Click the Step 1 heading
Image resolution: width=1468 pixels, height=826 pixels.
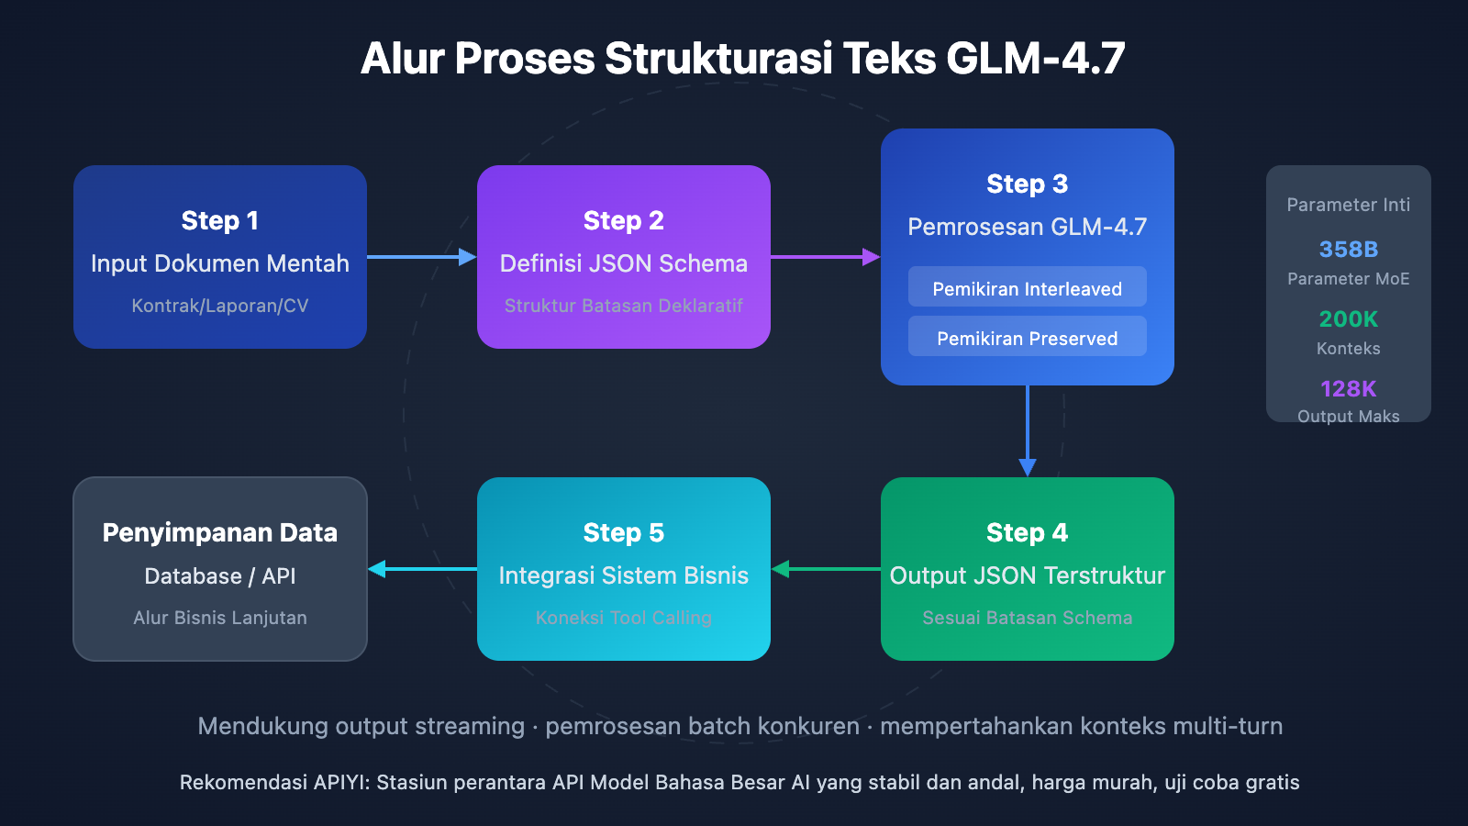[x=220, y=220]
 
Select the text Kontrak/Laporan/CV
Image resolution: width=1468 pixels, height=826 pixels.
[x=220, y=306]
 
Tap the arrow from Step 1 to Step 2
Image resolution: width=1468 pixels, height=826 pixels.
[x=421, y=257]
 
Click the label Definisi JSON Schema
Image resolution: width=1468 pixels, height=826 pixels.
[x=624, y=263]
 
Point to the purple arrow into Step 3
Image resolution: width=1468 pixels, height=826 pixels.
[x=825, y=257]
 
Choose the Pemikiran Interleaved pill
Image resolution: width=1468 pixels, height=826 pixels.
[x=1028, y=288]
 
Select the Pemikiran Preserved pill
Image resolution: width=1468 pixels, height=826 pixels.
[x=1028, y=338]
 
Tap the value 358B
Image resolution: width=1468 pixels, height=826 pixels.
[x=1349, y=249]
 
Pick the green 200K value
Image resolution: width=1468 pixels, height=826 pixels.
[x=1349, y=318]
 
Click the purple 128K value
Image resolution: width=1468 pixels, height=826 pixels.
[x=1349, y=388]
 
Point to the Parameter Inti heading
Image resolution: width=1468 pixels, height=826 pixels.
[x=1349, y=205]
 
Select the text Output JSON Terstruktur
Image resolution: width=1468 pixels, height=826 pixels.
[x=1028, y=575]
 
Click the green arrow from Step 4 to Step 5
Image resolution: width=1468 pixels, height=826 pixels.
[x=826, y=569]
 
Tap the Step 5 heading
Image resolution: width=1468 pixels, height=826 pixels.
[x=624, y=532]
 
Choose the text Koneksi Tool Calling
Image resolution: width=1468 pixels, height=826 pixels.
[x=624, y=618]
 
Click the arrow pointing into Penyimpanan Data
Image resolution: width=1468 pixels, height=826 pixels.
[x=422, y=569]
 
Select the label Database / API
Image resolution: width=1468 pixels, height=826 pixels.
[x=220, y=576]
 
